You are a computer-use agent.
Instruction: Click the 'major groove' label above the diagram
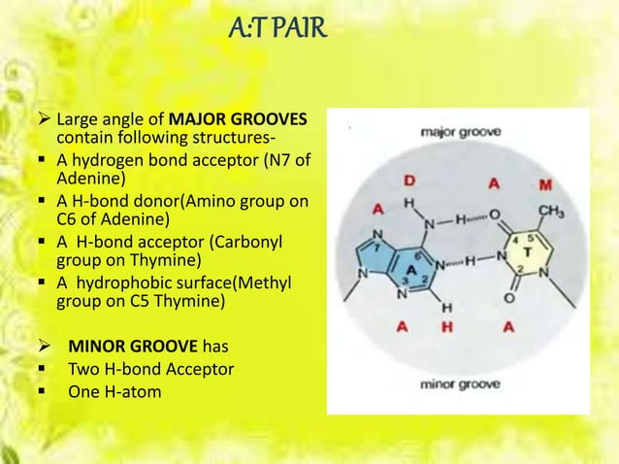(461, 132)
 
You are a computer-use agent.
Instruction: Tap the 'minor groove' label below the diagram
(459, 383)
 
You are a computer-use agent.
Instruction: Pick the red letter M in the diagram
(548, 184)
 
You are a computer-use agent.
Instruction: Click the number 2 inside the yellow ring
(520, 268)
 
